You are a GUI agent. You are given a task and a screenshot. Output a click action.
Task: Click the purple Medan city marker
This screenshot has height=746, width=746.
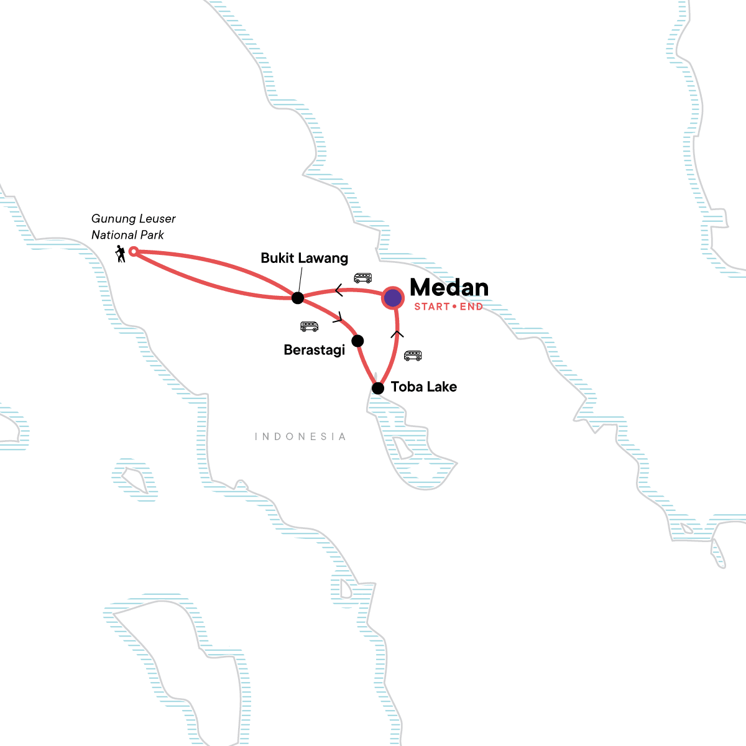pos(393,298)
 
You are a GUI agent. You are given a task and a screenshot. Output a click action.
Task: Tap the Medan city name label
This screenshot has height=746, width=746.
pos(449,287)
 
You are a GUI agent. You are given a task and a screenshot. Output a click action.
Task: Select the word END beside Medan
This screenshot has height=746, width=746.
pos(471,307)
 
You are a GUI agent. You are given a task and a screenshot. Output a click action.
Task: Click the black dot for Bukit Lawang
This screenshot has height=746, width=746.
pos(298,298)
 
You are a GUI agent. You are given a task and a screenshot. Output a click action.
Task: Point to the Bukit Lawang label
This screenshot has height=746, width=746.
pos(304,258)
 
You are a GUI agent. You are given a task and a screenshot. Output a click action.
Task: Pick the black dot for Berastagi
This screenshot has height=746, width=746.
pos(357,341)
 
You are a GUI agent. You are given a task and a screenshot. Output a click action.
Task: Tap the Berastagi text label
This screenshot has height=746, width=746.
pos(314,350)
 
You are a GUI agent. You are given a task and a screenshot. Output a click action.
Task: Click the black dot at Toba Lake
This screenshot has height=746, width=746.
pos(377,389)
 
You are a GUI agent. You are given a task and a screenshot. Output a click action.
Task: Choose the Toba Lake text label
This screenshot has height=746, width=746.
pos(424,387)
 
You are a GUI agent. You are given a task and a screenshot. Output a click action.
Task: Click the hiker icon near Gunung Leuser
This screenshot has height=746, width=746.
pos(121,254)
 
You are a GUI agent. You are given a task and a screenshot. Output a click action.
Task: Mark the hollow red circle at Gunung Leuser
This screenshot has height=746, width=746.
pos(132,251)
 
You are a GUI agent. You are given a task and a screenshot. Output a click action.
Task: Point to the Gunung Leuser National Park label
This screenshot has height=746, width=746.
pos(133,227)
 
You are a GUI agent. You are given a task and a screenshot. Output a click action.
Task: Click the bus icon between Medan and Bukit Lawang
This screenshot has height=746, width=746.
pos(363,278)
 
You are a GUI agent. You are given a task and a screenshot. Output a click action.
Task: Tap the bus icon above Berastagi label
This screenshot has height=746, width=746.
pos(309,326)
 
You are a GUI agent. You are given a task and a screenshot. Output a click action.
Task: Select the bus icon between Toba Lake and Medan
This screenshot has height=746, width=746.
pos(413,356)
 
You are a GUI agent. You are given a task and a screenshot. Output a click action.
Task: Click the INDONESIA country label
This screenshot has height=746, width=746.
pos(300,437)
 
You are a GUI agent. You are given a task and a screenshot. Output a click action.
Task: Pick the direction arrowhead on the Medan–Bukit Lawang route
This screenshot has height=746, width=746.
pos(339,290)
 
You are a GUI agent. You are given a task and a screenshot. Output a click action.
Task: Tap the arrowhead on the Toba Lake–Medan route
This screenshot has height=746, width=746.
pos(397,334)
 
